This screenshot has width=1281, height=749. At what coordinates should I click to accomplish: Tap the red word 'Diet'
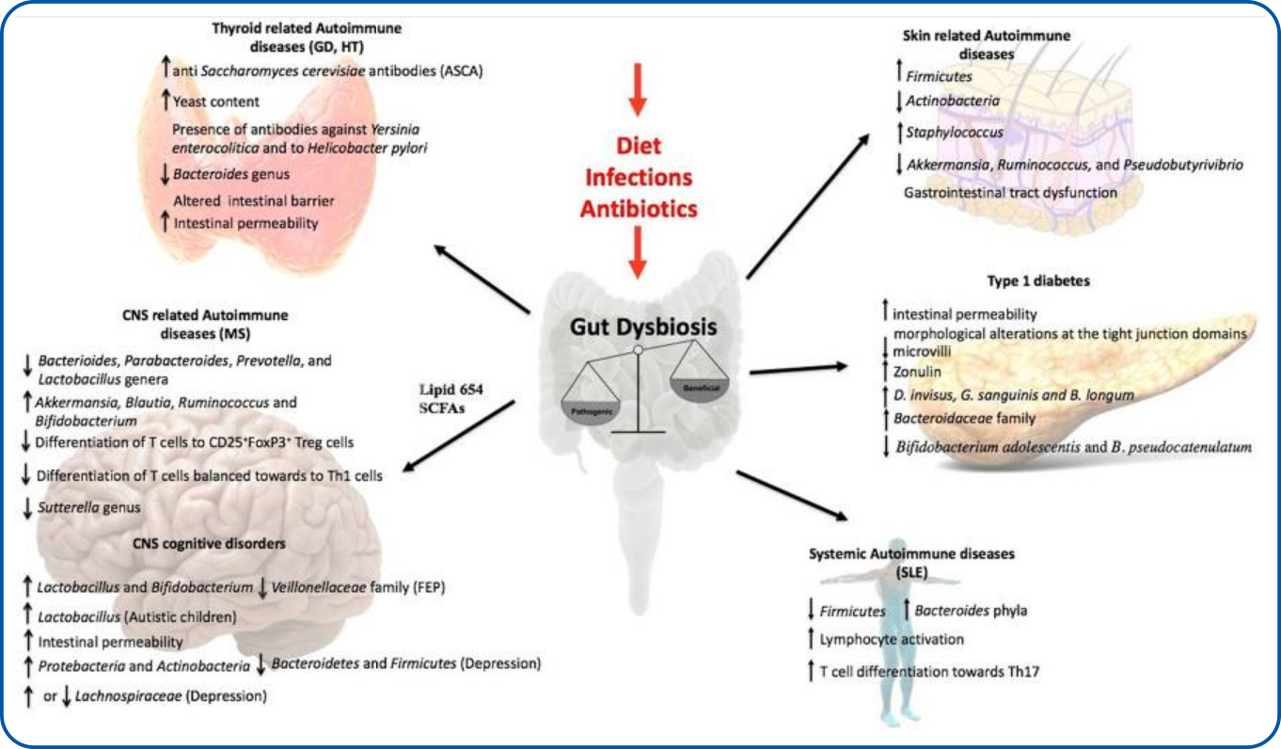point(640,146)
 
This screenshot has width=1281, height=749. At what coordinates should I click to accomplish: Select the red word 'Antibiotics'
point(640,207)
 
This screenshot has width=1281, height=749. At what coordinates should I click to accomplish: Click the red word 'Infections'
point(640,177)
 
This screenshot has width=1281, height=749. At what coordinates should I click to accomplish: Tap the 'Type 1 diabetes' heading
point(1032,280)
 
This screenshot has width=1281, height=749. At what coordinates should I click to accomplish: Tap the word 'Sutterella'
point(68,507)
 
